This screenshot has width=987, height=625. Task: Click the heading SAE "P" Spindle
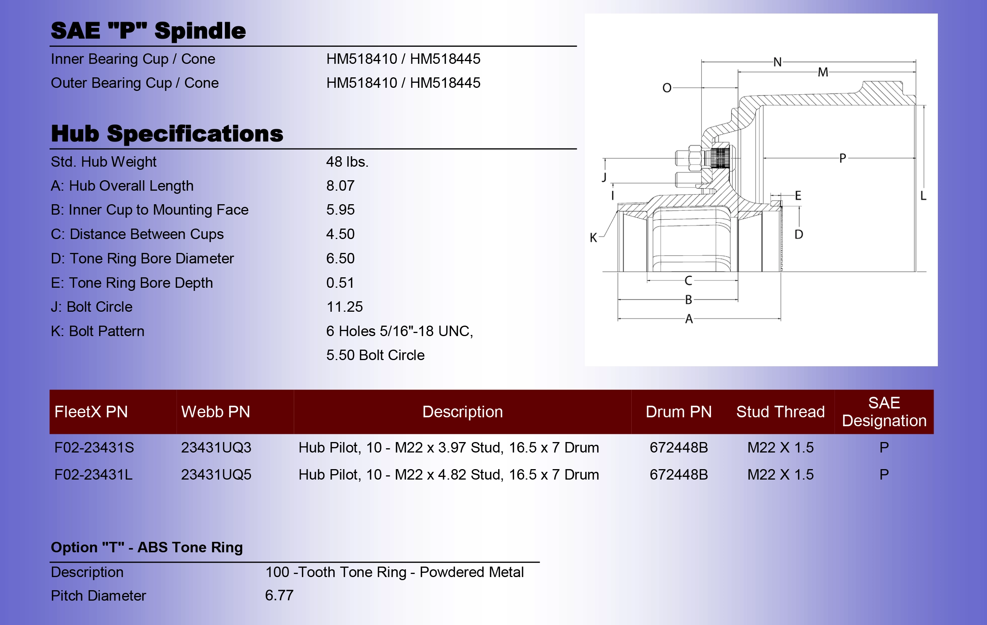pos(148,31)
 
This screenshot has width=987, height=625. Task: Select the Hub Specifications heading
pos(167,133)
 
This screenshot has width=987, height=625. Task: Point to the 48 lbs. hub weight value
pos(347,162)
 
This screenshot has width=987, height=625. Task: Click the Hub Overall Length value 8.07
pos(340,186)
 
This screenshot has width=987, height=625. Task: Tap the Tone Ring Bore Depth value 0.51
pos(340,283)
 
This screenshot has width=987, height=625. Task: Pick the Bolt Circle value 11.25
pos(344,307)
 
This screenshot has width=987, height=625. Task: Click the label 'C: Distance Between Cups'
pos(137,234)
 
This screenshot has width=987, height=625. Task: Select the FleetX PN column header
pos(91,412)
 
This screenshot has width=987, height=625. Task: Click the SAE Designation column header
pos(884,412)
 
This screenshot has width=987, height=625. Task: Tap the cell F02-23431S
pos(94,447)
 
